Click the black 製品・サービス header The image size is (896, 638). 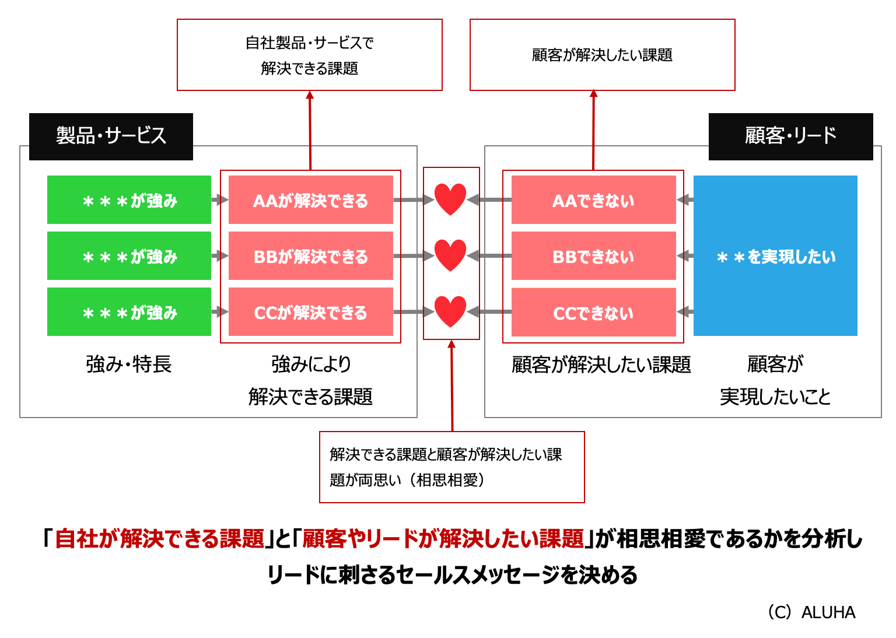(x=111, y=136)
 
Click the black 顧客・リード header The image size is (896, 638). (x=790, y=136)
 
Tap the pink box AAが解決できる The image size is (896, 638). (x=310, y=200)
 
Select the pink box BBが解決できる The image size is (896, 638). (x=310, y=256)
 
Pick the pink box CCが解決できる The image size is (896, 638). (x=310, y=312)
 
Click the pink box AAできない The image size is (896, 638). (x=593, y=200)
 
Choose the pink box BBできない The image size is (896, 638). (x=593, y=256)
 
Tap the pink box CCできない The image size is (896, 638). (x=593, y=313)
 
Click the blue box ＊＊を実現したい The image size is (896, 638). (x=775, y=256)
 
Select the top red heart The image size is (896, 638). (x=450, y=199)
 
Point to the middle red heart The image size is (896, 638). (x=450, y=255)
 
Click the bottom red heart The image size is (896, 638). (x=450, y=311)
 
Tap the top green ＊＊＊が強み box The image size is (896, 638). (x=129, y=200)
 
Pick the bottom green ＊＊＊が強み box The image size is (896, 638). (x=129, y=312)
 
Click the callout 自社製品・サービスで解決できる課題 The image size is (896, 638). (x=310, y=55)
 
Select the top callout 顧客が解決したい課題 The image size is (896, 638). (x=602, y=55)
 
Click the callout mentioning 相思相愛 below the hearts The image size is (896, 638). (x=452, y=467)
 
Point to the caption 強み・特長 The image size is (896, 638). (x=129, y=364)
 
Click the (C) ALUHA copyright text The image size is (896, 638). (x=811, y=612)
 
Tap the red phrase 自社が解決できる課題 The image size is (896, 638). (x=159, y=539)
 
